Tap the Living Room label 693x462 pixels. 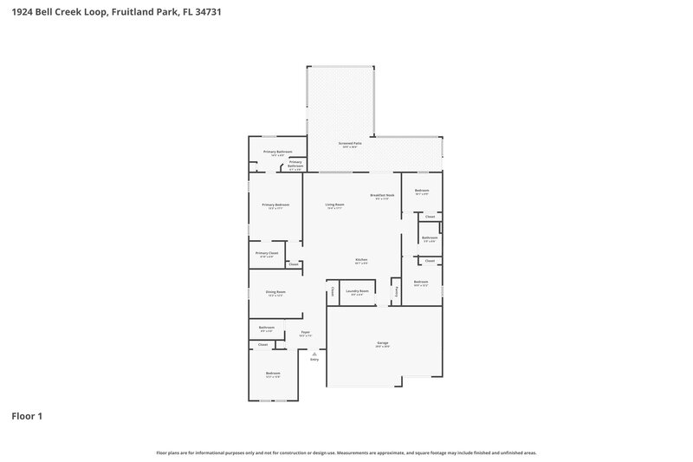[334, 205]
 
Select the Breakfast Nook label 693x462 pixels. [383, 197]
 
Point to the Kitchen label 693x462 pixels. [361, 261]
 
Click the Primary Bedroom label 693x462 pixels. [275, 205]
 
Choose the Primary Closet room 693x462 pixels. [267, 254]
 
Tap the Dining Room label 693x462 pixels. [275, 293]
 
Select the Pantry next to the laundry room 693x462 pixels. [396, 292]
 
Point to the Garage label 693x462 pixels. [382, 344]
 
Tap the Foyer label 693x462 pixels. [306, 333]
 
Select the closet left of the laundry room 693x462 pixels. [332, 292]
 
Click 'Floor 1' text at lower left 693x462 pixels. [27, 416]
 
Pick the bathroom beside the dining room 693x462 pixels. [266, 329]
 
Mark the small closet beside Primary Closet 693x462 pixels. [293, 264]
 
